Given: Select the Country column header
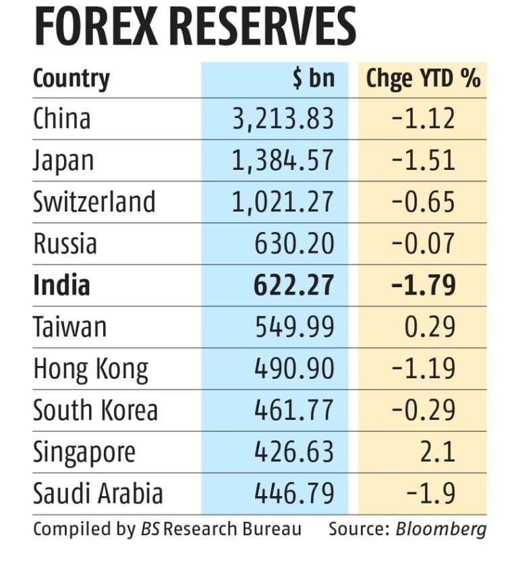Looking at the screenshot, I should pyautogui.click(x=71, y=79).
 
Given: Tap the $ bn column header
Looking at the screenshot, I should pyautogui.click(x=313, y=79).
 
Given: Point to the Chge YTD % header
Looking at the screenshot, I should pyautogui.click(x=423, y=79).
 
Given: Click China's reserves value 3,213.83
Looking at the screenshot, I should pyautogui.click(x=284, y=119).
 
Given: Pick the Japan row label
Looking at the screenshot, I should pyautogui.click(x=63, y=160).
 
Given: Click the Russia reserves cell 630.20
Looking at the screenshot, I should pyautogui.click(x=294, y=244).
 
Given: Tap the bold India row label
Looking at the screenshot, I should pyautogui.click(x=61, y=285).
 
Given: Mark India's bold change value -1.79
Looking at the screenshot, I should pyautogui.click(x=423, y=285).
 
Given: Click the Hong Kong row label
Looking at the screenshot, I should pyautogui.click(x=90, y=369).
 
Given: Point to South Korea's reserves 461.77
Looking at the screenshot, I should pyautogui.click(x=294, y=411).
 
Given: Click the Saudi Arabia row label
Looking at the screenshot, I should pyautogui.click(x=98, y=494).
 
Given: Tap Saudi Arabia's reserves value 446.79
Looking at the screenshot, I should pyautogui.click(x=294, y=494).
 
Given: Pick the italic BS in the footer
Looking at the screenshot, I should pyautogui.click(x=149, y=529).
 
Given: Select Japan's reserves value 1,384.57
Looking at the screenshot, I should pyautogui.click(x=284, y=160).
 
